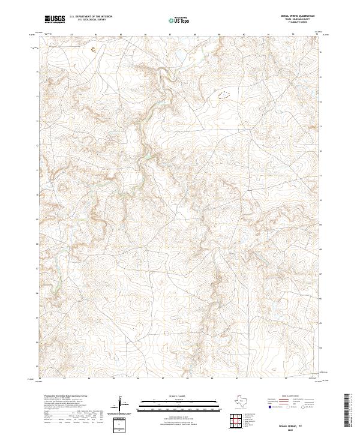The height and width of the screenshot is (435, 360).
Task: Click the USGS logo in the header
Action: tap(55, 19)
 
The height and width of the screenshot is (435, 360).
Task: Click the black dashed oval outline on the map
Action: tap(224, 94)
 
